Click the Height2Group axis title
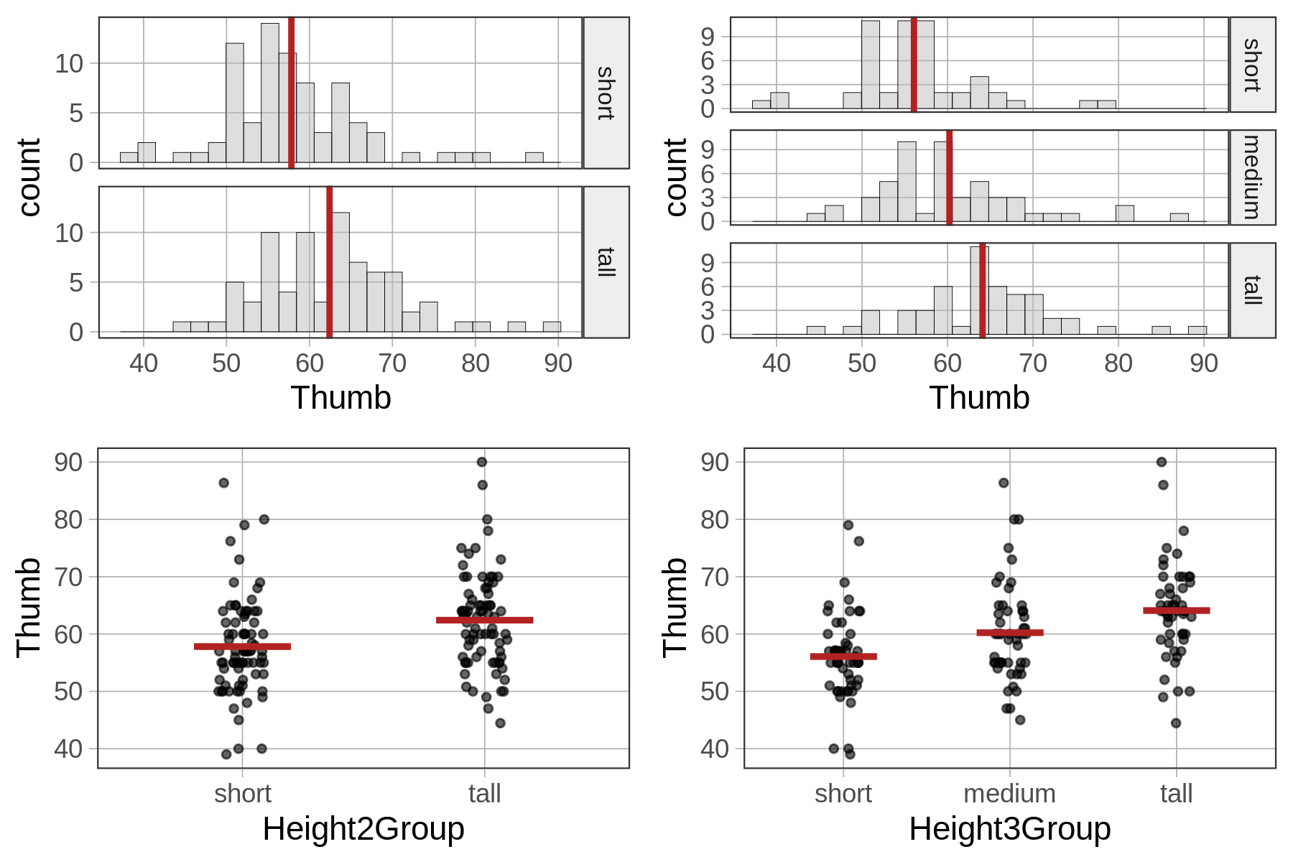363,829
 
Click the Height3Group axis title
1009,829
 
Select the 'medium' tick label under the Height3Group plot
1009,794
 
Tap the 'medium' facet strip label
1252,177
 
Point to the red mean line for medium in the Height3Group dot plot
1009,633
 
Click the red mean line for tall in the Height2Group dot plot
485,620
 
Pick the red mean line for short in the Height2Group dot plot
242,646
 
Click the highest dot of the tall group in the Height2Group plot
482,462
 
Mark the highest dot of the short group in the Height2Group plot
223,483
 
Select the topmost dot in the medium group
1004,483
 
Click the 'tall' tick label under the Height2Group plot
485,794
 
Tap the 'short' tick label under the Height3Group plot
843,794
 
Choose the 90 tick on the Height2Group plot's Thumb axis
68,462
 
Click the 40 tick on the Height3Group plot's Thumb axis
715,749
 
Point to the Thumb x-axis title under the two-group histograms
340,398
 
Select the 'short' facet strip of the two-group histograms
606,93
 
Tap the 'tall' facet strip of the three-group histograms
1252,290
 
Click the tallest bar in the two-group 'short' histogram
270,93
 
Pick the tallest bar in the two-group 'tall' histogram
340,272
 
